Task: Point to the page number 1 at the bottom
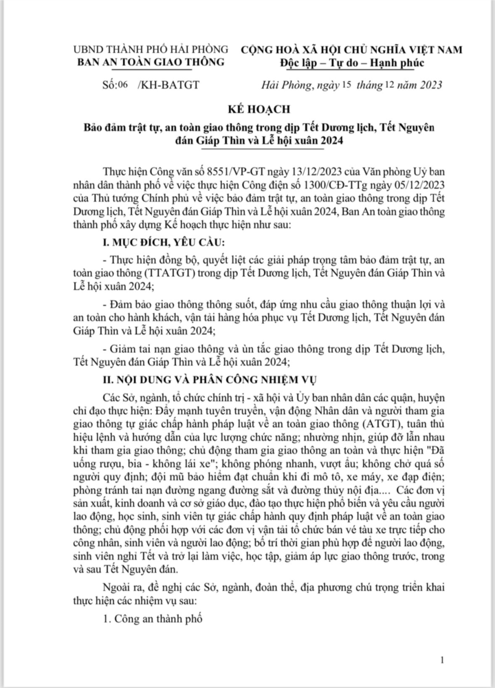tap(446, 660)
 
